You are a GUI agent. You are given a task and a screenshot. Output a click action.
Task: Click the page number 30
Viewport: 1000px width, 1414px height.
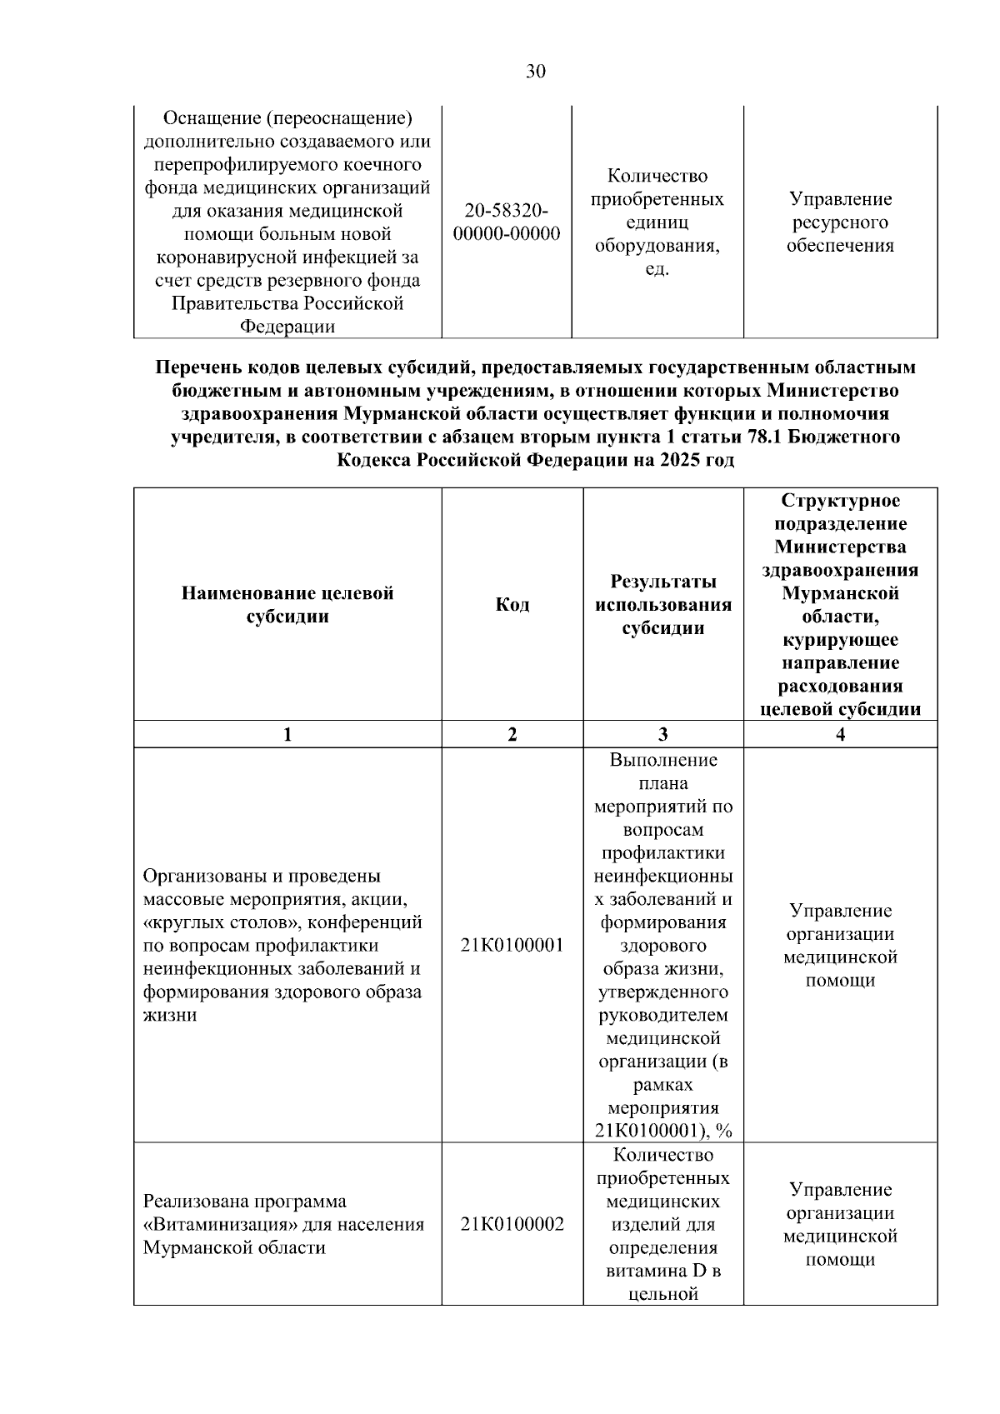coord(536,72)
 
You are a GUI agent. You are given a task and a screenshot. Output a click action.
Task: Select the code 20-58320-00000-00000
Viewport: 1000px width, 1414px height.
coord(506,222)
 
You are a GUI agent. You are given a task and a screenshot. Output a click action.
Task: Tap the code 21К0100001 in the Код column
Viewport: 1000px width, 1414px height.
coord(512,945)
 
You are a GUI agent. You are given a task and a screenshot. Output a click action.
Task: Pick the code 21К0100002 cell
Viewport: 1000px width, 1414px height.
coord(512,1224)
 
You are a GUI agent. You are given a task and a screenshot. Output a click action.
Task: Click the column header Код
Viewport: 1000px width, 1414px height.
coord(512,604)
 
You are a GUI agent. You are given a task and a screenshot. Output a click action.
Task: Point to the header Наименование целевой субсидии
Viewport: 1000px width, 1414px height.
coord(287,604)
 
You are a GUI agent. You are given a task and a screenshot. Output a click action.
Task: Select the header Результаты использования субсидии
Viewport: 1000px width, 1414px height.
coord(662,604)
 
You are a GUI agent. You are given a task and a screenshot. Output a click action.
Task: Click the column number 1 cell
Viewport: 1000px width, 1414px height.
coord(287,734)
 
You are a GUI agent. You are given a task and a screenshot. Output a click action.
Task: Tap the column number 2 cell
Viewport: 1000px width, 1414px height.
coord(512,734)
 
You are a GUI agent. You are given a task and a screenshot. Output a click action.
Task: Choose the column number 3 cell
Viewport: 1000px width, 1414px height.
coord(662,734)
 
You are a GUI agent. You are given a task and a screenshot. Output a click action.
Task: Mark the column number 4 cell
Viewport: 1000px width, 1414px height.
coord(840,734)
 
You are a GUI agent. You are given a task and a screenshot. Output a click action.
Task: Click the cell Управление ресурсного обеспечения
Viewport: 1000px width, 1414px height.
coord(840,222)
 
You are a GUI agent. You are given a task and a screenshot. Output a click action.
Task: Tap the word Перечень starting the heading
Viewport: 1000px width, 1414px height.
coord(195,367)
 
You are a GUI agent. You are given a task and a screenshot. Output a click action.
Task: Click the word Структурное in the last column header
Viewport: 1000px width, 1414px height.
coord(840,501)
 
